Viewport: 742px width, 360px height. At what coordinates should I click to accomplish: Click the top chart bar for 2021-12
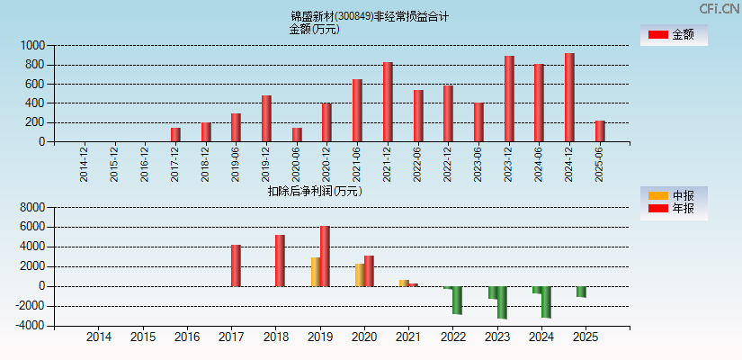(388, 102)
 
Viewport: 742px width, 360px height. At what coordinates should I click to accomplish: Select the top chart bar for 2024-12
(569, 97)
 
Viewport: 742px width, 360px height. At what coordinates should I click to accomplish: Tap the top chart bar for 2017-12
(175, 134)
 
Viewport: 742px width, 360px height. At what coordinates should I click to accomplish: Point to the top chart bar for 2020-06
(297, 134)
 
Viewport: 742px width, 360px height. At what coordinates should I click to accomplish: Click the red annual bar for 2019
(325, 256)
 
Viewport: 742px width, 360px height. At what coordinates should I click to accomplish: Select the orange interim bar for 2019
(316, 272)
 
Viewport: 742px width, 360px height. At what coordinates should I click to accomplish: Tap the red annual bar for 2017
(236, 265)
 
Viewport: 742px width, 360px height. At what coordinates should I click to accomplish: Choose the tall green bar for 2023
(502, 302)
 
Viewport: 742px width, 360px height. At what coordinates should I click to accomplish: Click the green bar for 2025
(581, 292)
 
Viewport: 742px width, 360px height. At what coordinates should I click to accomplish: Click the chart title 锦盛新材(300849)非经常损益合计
(370, 16)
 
